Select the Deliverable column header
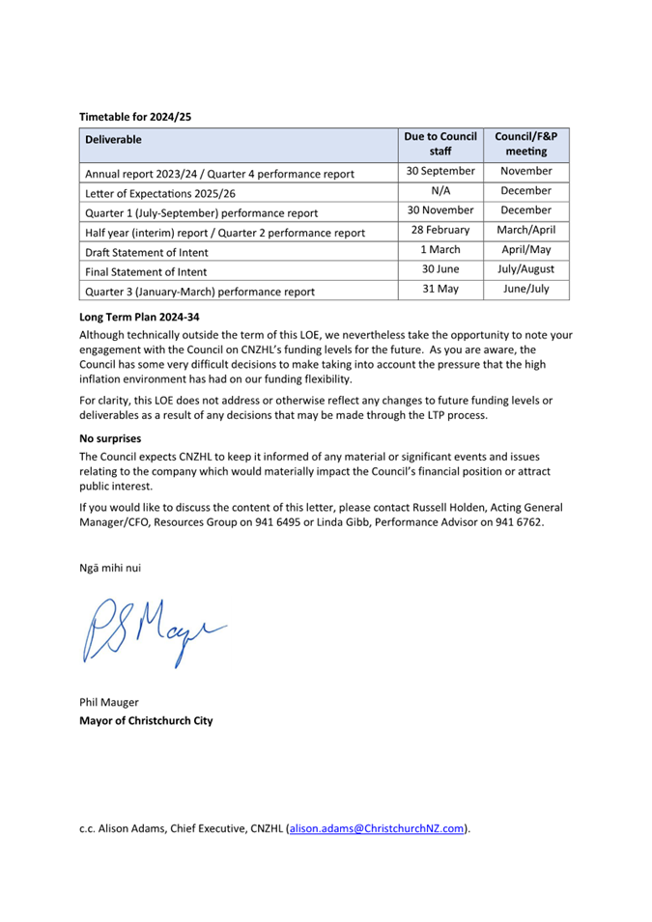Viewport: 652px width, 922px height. tap(113, 139)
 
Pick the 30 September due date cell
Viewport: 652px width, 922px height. tap(439, 172)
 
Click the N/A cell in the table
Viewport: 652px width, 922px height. tap(440, 191)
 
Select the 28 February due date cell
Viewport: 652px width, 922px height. tap(440, 231)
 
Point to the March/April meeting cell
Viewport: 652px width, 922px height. tap(525, 231)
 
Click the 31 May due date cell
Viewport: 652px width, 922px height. tap(440, 290)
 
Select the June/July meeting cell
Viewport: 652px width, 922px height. tap(525, 290)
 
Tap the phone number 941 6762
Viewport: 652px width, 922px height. tap(517, 522)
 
